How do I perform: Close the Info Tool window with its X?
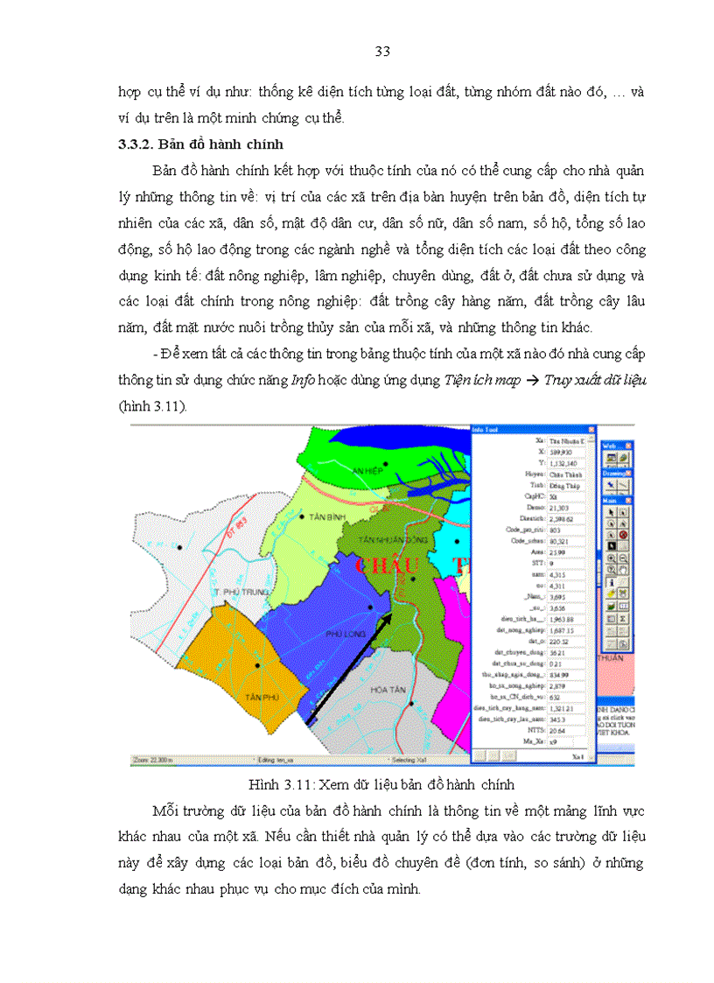[x=591, y=430]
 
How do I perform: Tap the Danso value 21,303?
[x=560, y=507]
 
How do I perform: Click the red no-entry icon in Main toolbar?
[x=623, y=534]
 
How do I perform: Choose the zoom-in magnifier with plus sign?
[x=612, y=558]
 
